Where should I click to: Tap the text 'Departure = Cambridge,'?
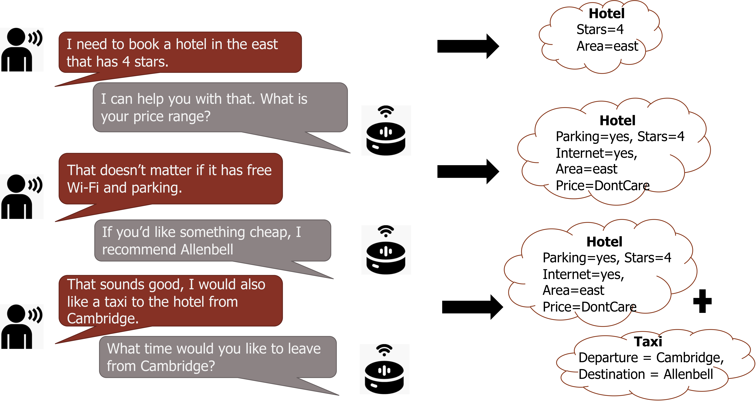[x=651, y=358]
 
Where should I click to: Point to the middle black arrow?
[x=468, y=171]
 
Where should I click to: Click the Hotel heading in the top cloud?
[x=607, y=13]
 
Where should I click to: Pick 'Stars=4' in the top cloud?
[x=600, y=29]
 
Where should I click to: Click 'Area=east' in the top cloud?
[x=607, y=46]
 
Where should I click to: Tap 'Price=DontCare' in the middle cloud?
[x=603, y=185]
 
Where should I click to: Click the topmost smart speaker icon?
[x=386, y=131]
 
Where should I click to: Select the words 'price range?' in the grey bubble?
[x=172, y=117]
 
